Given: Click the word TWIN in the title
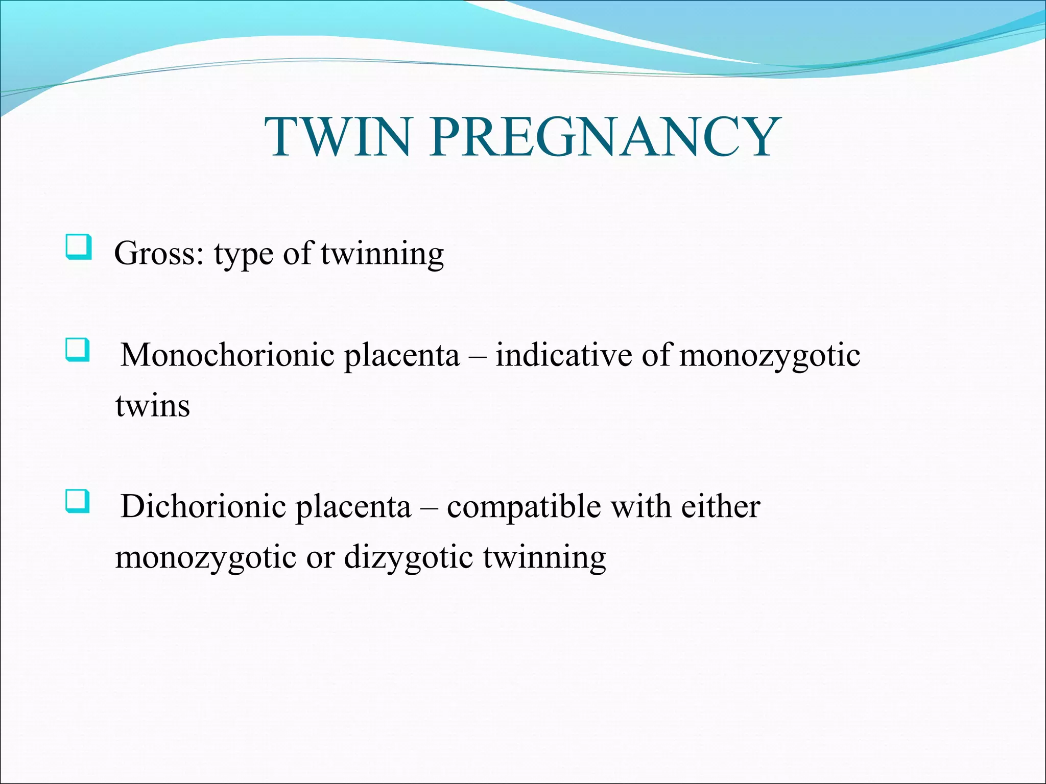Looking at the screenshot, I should [337, 137].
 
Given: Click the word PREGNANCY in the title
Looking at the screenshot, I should [605, 137].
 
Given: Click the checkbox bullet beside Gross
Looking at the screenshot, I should [79, 248].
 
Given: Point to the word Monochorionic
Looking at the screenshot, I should [227, 354].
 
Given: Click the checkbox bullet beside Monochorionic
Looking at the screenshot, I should [78, 350].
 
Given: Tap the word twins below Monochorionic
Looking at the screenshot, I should [153, 406].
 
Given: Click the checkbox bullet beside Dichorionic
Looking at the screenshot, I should [78, 501].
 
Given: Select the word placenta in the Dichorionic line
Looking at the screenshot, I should [353, 507].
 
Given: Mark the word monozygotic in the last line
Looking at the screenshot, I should [206, 557].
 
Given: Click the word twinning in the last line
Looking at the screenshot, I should [544, 557].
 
